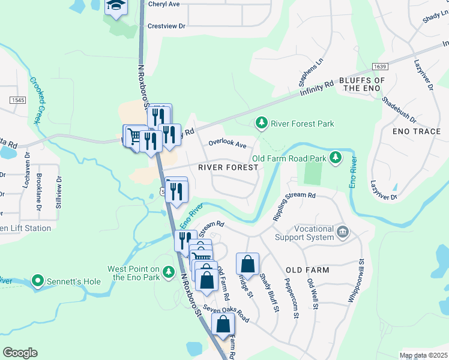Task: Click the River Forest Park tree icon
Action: pyautogui.click(x=261, y=124)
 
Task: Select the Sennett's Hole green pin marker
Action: pyautogui.click(x=38, y=280)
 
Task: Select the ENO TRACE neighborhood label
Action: pyautogui.click(x=416, y=131)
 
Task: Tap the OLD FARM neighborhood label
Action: pyautogui.click(x=307, y=270)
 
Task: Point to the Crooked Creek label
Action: pyautogui.click(x=34, y=100)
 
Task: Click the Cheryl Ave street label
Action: pyautogui.click(x=164, y=4)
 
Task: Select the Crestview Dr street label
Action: pyautogui.click(x=166, y=26)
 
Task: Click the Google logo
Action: pyautogui.click(x=20, y=352)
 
